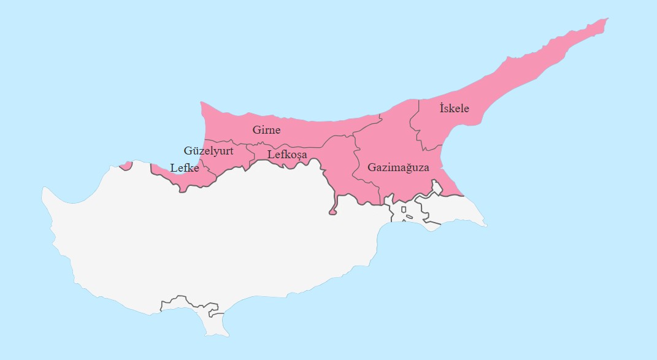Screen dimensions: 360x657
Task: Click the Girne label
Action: pyautogui.click(x=266, y=130)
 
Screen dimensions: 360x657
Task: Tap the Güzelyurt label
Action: pyautogui.click(x=209, y=150)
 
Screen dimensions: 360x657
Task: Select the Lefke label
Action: pyautogui.click(x=184, y=167)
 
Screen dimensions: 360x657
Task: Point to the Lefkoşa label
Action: pyautogui.click(x=287, y=155)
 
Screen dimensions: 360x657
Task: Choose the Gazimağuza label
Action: pyautogui.click(x=398, y=167)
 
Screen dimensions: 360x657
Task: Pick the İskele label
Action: pyautogui.click(x=454, y=109)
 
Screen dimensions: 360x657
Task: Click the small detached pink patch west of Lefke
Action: pyautogui.click(x=125, y=165)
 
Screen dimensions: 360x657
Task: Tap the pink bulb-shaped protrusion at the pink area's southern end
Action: pyautogui.click(x=332, y=212)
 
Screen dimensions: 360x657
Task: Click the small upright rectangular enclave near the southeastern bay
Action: pyautogui.click(x=404, y=210)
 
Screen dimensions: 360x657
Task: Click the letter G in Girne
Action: pyautogui.click(x=256, y=130)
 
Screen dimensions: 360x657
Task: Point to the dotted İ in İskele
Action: pyautogui.click(x=442, y=108)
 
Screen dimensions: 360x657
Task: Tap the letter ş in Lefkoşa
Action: pyautogui.click(x=296, y=155)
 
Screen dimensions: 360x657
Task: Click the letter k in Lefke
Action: pyautogui.click(x=190, y=167)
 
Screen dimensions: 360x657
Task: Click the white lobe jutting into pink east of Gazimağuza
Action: pyautogui.click(x=437, y=186)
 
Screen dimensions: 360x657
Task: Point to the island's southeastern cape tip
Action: pyautogui.click(x=486, y=226)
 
